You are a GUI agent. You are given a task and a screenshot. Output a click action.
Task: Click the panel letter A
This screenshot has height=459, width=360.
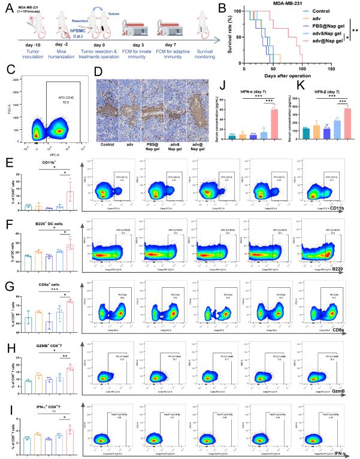[x=8, y=7]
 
